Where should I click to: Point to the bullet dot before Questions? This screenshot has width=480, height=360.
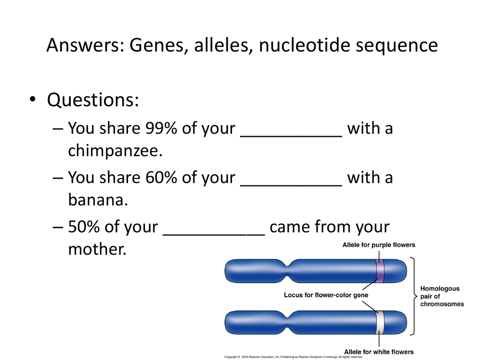click(32, 98)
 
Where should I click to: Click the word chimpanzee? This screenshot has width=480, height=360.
click(115, 150)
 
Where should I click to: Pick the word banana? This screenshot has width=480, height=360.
click(98, 200)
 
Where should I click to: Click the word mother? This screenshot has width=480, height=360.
click(97, 249)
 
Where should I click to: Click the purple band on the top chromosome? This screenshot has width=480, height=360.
click(380, 271)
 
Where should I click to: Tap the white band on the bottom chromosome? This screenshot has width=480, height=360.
click(380, 322)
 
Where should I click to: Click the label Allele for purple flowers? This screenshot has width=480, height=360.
click(379, 245)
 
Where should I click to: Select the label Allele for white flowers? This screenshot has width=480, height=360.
click(379, 352)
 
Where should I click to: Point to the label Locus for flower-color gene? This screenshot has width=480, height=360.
click(326, 295)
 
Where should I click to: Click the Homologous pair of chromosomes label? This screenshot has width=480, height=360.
click(442, 296)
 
